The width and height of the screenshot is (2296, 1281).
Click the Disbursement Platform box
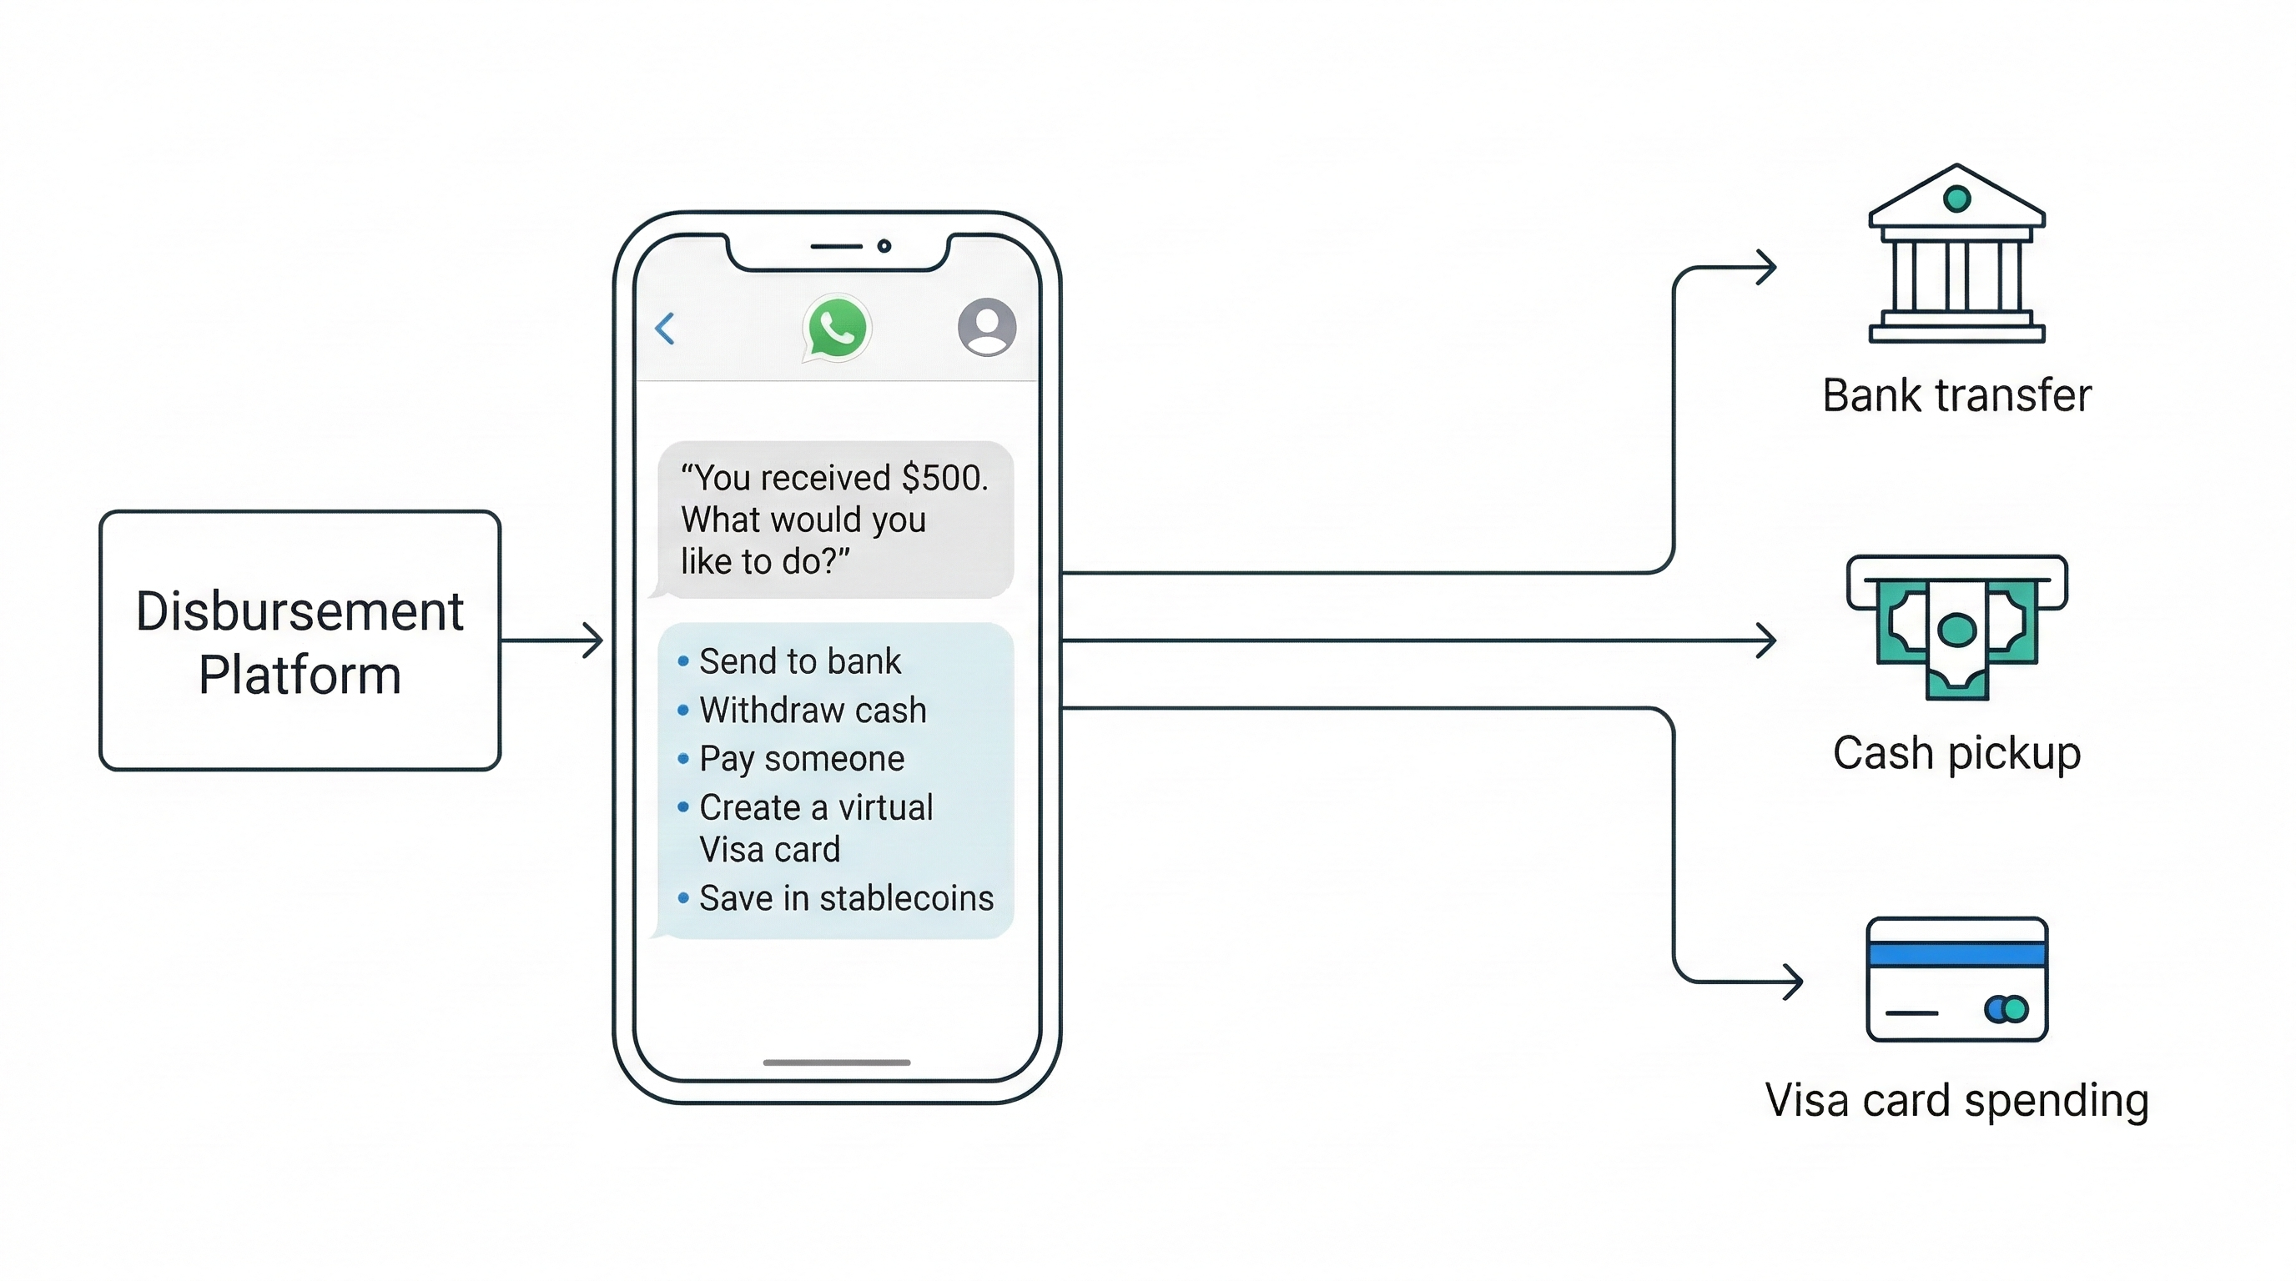coord(300,640)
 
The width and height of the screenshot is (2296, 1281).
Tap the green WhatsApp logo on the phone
coord(837,328)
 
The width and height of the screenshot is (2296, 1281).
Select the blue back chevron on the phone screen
coord(665,329)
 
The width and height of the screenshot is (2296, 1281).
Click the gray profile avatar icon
coord(987,327)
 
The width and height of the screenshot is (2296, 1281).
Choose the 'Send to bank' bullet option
coord(799,662)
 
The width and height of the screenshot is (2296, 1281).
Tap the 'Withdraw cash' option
coord(812,711)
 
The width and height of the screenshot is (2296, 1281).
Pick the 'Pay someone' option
coord(801,759)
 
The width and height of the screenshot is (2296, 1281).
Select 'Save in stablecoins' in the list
coord(845,899)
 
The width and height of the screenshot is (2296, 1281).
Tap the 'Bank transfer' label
coord(1956,395)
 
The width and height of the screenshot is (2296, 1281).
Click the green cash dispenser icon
coord(1956,627)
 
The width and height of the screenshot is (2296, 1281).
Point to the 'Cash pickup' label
coord(1956,754)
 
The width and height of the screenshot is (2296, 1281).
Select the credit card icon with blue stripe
coord(1956,979)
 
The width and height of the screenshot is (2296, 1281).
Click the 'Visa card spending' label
coord(1956,1101)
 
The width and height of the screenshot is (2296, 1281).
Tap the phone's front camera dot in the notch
coord(884,246)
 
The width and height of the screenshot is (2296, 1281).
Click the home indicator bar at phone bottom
coord(837,1062)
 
